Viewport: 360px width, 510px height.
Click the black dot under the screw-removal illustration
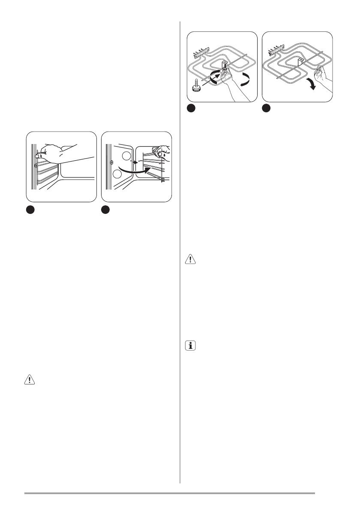(x=191, y=109)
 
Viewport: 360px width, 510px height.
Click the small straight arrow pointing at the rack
(x=135, y=163)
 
